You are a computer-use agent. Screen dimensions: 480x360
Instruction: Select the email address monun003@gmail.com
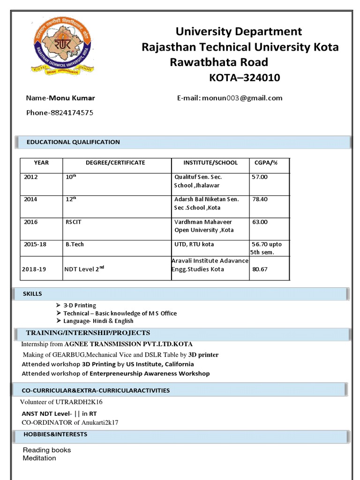(x=242, y=98)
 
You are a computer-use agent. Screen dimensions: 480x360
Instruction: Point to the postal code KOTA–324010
(x=244, y=78)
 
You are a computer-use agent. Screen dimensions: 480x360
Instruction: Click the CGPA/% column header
(x=266, y=163)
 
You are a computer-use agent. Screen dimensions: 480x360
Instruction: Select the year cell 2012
(x=31, y=177)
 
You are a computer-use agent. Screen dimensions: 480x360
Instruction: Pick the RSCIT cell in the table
(x=74, y=222)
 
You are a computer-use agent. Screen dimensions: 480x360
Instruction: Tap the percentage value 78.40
(x=260, y=199)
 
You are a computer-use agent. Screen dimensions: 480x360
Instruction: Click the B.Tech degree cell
(x=75, y=244)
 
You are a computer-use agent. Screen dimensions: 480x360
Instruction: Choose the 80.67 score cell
(x=260, y=269)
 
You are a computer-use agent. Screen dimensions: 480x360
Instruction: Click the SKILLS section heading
(x=32, y=294)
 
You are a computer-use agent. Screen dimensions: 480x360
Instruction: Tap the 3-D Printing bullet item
(x=80, y=305)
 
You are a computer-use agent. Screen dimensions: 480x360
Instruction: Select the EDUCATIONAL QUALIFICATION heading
(x=73, y=142)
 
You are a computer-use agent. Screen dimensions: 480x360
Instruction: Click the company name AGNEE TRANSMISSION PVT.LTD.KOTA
(x=128, y=344)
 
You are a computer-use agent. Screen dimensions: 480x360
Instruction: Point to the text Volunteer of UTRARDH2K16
(x=61, y=402)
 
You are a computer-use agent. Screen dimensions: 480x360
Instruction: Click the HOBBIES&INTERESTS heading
(x=55, y=435)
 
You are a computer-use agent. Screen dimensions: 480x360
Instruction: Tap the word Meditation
(x=39, y=458)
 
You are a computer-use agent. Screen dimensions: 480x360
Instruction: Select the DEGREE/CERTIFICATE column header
(x=115, y=163)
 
